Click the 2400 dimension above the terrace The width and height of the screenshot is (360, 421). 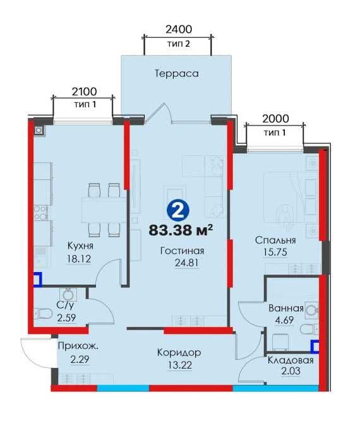pyautogui.click(x=179, y=29)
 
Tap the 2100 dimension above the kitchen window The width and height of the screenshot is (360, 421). pyautogui.click(x=85, y=92)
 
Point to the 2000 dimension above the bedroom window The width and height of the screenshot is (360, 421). pyautogui.click(x=275, y=119)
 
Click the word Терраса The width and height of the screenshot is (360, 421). pyautogui.click(x=177, y=74)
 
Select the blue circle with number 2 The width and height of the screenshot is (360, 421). pyautogui.click(x=178, y=210)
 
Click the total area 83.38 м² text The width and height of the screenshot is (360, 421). pyautogui.click(x=181, y=230)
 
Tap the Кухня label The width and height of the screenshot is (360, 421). pyautogui.click(x=80, y=246)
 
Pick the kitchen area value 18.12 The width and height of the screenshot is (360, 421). pyautogui.click(x=79, y=259)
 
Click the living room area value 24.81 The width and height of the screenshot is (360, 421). pyautogui.click(x=187, y=263)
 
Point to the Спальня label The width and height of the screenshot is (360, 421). pyautogui.click(x=275, y=240)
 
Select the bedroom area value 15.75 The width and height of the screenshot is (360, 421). pyautogui.click(x=275, y=252)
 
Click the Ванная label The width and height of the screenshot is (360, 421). pyautogui.click(x=286, y=308)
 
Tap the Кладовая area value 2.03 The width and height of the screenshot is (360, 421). pyautogui.click(x=291, y=371)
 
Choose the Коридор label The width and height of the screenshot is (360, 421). pyautogui.click(x=179, y=353)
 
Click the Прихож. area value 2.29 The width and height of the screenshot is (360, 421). pyautogui.click(x=80, y=360)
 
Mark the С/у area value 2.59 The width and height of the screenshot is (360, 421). pyautogui.click(x=66, y=318)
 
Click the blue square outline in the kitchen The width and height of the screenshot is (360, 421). pyautogui.click(x=38, y=279)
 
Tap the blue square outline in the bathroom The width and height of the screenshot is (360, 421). pyautogui.click(x=315, y=346)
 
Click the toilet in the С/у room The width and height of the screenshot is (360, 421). pyautogui.click(x=42, y=313)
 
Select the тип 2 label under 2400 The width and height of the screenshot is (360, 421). pyautogui.click(x=179, y=44)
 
